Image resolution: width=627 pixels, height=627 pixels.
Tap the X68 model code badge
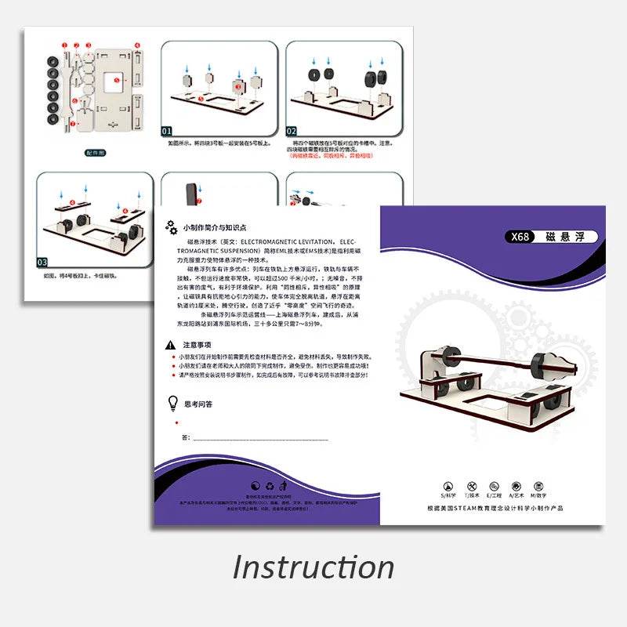pos(520,237)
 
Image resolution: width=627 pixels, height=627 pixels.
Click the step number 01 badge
pos(168,131)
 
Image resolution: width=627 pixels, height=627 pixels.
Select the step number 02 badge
pos(292,131)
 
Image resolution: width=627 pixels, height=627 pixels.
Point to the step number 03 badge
pos(43,262)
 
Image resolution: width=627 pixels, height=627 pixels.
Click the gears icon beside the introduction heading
pos(171,227)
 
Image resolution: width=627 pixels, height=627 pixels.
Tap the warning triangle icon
pos(170,345)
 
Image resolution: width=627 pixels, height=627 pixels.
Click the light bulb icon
pos(172,403)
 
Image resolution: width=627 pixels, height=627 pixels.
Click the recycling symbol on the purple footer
pos(270,486)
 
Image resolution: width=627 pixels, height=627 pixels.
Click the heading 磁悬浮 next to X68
pos(566,237)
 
